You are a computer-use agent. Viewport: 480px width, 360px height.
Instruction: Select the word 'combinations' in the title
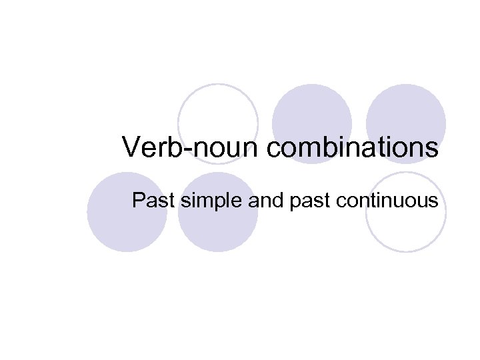[x=353, y=147]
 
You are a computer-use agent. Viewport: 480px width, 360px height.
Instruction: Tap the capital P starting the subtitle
[x=139, y=199]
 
